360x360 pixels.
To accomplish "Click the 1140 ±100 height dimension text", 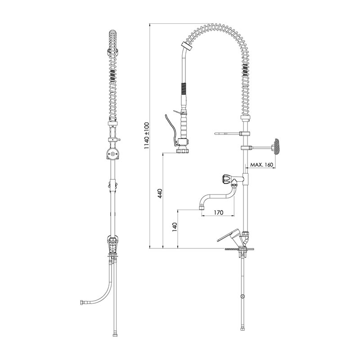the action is click(147, 135).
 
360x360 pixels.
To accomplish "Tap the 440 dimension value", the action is click(160, 193).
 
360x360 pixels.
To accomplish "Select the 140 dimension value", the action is click(175, 227).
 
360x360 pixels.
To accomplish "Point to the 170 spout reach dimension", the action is click(218, 212).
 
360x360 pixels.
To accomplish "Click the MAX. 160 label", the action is click(261, 165).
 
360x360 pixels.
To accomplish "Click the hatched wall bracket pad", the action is click(276, 147).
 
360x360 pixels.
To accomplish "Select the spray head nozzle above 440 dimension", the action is click(182, 151).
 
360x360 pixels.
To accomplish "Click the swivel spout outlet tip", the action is click(201, 208).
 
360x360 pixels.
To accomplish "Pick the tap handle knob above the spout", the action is click(226, 179).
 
